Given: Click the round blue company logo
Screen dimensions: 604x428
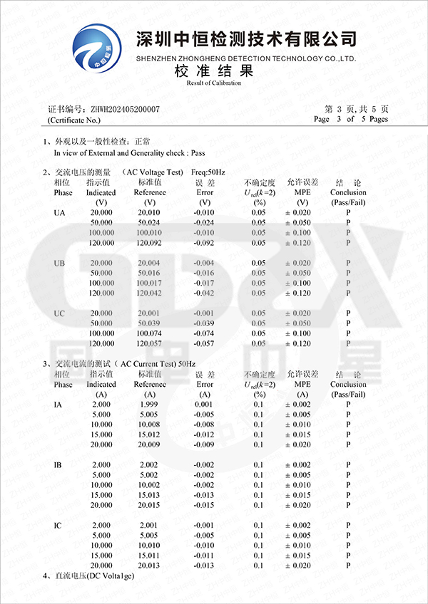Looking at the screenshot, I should click(x=98, y=48).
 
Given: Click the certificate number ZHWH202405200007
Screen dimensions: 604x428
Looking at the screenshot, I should click(x=125, y=109).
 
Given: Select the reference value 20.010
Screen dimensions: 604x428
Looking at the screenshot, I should click(x=149, y=212).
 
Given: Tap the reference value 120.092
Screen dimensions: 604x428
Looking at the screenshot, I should click(x=149, y=243).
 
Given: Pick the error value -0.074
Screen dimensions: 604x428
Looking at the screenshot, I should click(x=205, y=333).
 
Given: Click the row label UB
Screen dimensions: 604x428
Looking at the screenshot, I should click(x=61, y=263).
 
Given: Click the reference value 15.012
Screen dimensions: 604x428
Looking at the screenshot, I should click(x=149, y=434).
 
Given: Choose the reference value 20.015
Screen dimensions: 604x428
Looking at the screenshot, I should click(x=149, y=505).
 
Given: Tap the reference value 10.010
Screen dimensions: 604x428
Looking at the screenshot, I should click(x=149, y=545).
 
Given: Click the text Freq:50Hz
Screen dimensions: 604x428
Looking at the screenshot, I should click(x=208, y=172).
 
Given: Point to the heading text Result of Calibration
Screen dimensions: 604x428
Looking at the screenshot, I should click(x=214, y=83).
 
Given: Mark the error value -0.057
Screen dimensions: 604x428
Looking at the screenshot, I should click(x=205, y=343).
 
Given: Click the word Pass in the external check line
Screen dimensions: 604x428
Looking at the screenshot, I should click(x=198, y=152).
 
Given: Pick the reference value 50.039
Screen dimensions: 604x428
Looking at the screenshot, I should click(x=149, y=323).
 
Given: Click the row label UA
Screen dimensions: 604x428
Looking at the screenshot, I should click(x=61, y=212).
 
